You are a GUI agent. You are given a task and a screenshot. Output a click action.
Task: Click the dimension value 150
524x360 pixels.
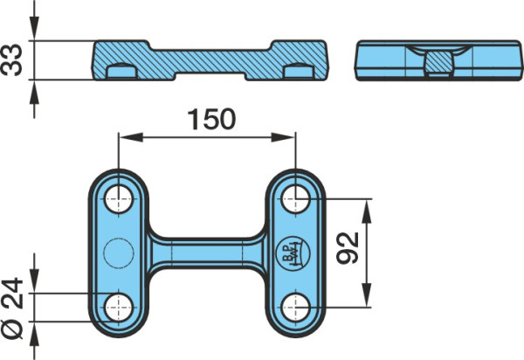tap(211, 119)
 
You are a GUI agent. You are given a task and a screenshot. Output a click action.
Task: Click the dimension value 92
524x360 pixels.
tap(348, 248)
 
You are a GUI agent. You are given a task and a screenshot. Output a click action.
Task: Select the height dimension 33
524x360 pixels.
tap(11, 60)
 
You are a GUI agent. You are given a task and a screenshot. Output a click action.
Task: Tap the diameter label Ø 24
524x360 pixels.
tap(11, 308)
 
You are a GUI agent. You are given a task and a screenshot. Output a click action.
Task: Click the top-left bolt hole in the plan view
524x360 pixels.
tap(119, 199)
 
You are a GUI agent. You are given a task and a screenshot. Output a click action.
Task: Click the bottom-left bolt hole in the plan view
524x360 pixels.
tap(119, 308)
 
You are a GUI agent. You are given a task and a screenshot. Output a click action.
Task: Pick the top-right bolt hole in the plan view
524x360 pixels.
tap(295, 199)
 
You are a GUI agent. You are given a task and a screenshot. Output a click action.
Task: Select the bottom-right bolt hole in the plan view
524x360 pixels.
tap(295, 308)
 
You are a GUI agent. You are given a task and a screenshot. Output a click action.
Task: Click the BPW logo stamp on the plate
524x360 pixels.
tap(293, 253)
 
